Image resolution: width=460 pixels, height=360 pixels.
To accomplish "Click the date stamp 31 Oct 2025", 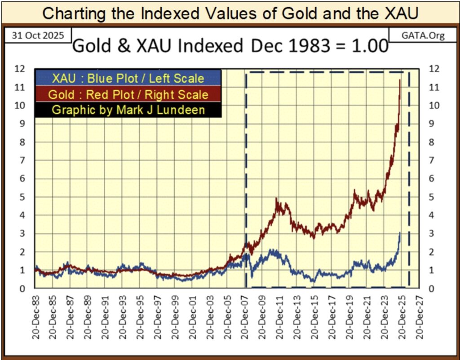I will coord(35,35).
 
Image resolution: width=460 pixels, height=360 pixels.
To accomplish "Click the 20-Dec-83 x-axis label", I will coord(35,314).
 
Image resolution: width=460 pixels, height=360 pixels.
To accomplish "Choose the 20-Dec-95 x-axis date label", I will coord(141,314).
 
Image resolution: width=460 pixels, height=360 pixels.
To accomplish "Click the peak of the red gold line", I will coord(400,80).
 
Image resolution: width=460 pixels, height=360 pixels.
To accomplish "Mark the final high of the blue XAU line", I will coord(400,233).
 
